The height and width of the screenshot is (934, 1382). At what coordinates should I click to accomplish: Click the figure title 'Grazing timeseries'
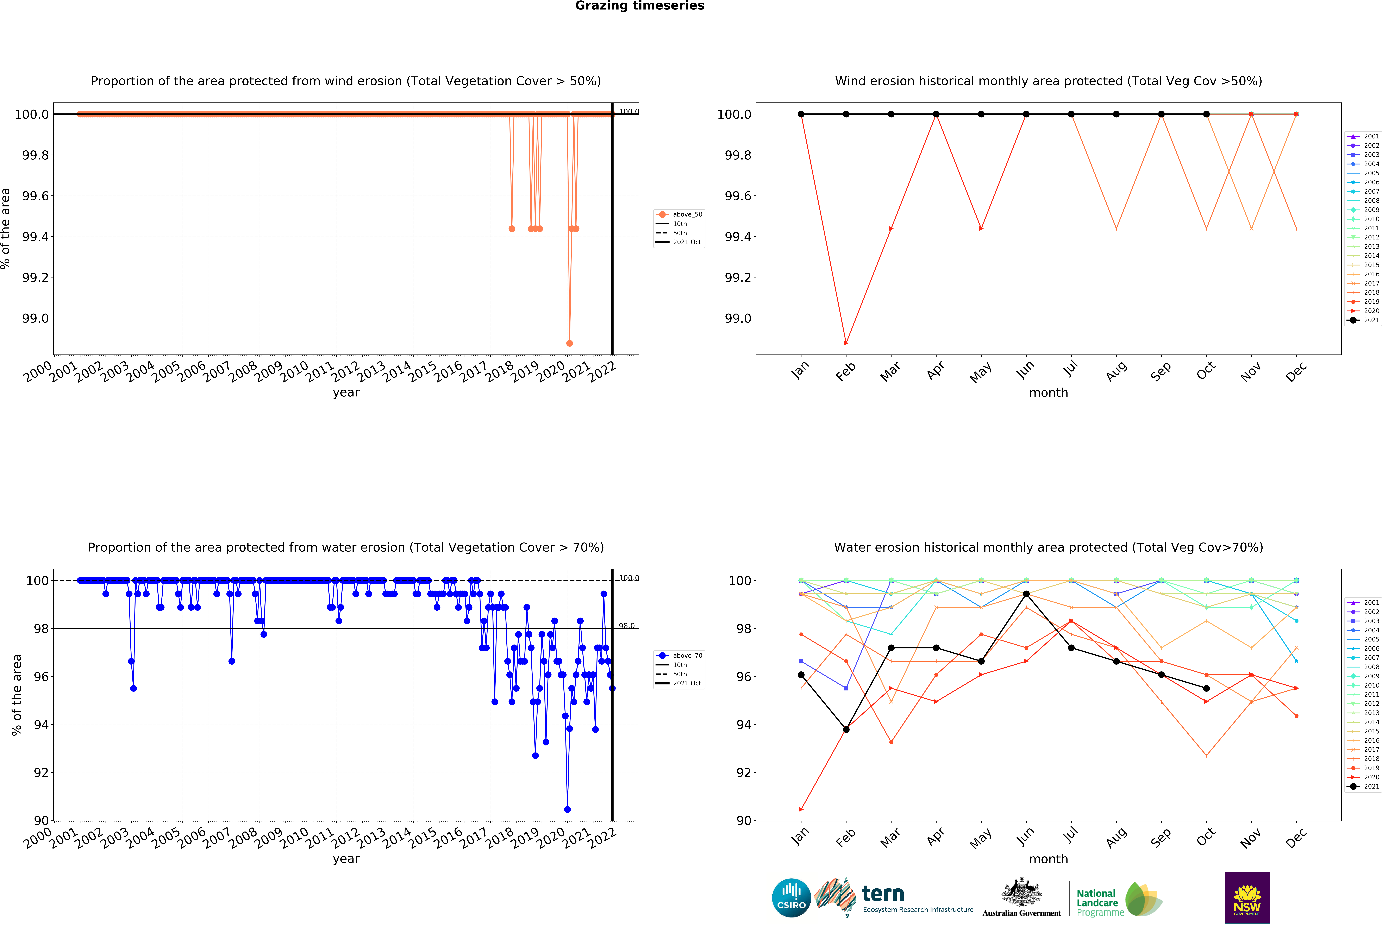click(639, 6)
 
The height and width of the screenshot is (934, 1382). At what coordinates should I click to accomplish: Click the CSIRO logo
click(791, 898)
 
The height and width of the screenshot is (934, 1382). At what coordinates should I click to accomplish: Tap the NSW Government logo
click(1247, 898)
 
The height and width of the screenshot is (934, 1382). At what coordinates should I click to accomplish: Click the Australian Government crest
click(1021, 892)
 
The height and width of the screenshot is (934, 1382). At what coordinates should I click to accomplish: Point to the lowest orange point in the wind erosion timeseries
click(570, 343)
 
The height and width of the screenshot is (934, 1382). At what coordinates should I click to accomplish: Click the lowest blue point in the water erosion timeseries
click(567, 809)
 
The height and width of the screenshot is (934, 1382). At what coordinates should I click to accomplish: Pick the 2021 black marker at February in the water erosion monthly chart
click(846, 729)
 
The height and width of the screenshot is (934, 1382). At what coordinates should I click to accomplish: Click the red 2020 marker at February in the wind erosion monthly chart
click(846, 343)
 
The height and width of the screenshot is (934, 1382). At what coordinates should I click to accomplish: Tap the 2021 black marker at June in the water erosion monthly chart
click(1026, 594)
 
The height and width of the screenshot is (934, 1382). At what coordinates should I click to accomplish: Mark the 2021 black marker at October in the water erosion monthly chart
click(1206, 688)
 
